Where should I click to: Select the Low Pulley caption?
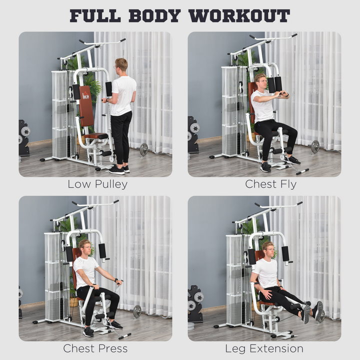click(x=97, y=184)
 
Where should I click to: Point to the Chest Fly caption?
click(x=270, y=184)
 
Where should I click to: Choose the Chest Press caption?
click(x=95, y=348)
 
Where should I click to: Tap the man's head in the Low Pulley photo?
click(x=121, y=65)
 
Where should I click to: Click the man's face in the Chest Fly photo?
click(x=261, y=82)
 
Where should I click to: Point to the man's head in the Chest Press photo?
click(x=85, y=247)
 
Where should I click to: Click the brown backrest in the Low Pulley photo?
click(x=86, y=105)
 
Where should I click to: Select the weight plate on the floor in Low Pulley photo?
click(x=144, y=149)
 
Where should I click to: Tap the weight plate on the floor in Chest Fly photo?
click(x=315, y=146)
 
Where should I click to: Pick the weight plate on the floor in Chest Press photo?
click(x=137, y=311)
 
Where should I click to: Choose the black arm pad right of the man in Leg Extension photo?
click(x=285, y=253)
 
